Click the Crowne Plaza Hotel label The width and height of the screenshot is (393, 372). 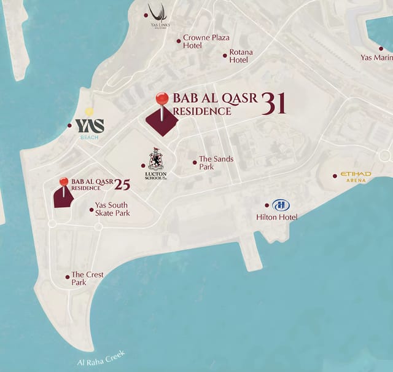tap(206, 42)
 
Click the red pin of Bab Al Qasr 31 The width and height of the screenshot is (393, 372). tap(162, 99)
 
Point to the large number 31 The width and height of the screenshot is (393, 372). tap(273, 104)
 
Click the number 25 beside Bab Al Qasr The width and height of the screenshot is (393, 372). tap(122, 183)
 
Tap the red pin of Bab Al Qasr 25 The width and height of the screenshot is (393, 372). tap(64, 181)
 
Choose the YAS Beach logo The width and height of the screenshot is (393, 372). tap(90, 126)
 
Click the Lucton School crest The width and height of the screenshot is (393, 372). tap(156, 159)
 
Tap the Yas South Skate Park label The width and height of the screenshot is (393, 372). tap(112, 209)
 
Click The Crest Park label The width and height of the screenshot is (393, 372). tap(87, 279)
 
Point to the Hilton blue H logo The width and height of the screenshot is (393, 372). tap(280, 205)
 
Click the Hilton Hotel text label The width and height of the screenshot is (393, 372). tap(276, 217)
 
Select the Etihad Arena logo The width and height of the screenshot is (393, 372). tap(356, 176)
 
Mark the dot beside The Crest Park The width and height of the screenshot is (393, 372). tap(68, 277)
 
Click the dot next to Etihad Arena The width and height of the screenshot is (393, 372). tap(335, 176)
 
